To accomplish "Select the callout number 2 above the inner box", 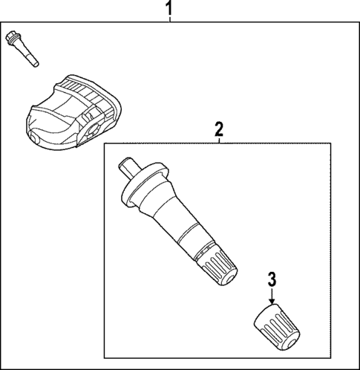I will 218,129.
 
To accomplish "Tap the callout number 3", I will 272,280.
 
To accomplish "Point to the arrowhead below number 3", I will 272,300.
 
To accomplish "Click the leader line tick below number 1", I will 169,20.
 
